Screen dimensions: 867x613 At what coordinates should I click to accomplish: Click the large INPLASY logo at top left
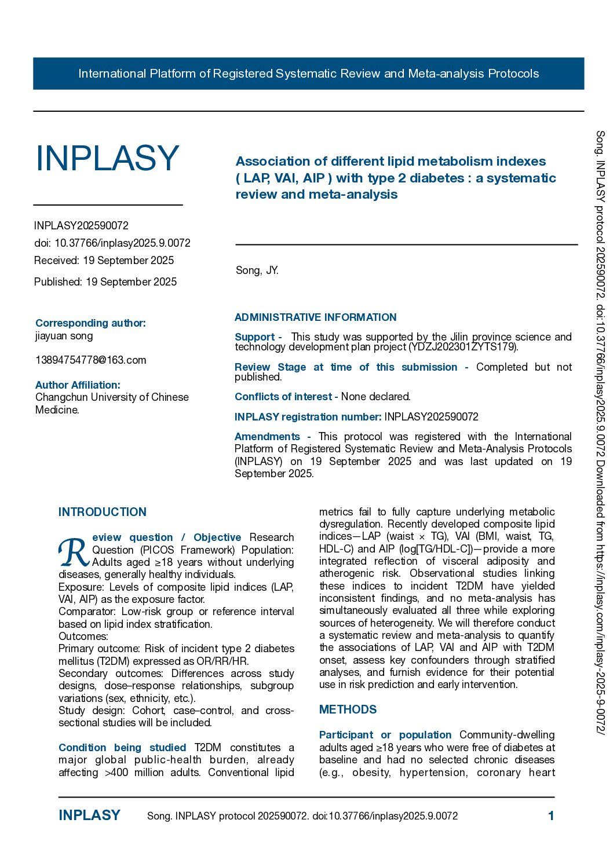107,158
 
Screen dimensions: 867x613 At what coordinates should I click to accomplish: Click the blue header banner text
308,74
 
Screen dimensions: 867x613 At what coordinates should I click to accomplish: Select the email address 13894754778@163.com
90,360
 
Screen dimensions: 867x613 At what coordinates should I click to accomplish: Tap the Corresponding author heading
90,323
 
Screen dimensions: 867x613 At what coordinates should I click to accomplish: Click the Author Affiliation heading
78,385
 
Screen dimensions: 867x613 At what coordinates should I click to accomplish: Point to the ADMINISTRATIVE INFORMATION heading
315,317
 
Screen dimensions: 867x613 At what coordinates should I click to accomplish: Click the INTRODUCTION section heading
103,512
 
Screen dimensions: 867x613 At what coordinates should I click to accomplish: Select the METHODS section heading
348,709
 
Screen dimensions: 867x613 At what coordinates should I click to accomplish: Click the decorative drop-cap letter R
74,553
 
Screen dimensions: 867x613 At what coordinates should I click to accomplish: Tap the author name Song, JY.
257,270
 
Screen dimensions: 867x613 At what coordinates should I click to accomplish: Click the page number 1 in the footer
551,816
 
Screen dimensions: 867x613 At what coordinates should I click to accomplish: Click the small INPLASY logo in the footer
89,815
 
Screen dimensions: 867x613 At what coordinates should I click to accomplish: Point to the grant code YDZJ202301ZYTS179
463,347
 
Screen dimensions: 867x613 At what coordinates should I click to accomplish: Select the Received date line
104,261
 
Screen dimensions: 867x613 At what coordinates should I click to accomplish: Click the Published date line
105,282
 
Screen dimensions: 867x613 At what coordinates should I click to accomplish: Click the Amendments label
267,437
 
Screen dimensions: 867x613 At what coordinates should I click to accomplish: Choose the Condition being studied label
122,748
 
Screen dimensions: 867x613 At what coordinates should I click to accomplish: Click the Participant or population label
385,735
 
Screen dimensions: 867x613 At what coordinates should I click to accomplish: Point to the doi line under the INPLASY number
112,243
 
